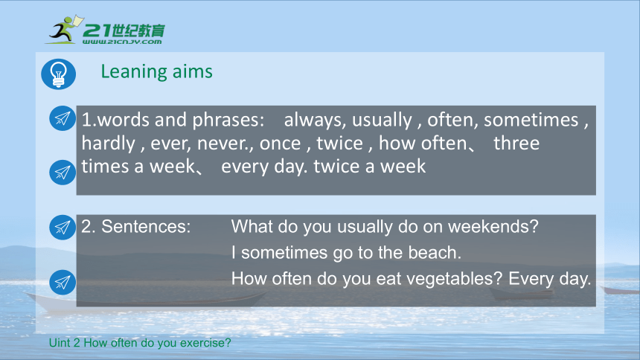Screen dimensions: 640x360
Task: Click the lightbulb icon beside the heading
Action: (x=58, y=74)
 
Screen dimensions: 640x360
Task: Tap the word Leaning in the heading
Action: (x=134, y=72)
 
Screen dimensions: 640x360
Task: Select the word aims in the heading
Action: (x=192, y=71)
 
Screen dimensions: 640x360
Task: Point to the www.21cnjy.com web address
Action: (x=122, y=41)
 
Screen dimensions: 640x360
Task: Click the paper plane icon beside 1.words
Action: (x=63, y=118)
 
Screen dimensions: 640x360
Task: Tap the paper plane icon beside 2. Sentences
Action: (x=63, y=227)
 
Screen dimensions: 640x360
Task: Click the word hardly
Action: (x=108, y=144)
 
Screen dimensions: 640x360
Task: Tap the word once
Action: (x=281, y=144)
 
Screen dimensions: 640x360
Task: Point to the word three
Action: (x=516, y=144)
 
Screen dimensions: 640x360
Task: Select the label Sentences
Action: (x=146, y=226)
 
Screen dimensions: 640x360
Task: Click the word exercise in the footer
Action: (x=205, y=342)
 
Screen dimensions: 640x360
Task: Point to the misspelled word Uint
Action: (x=60, y=342)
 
